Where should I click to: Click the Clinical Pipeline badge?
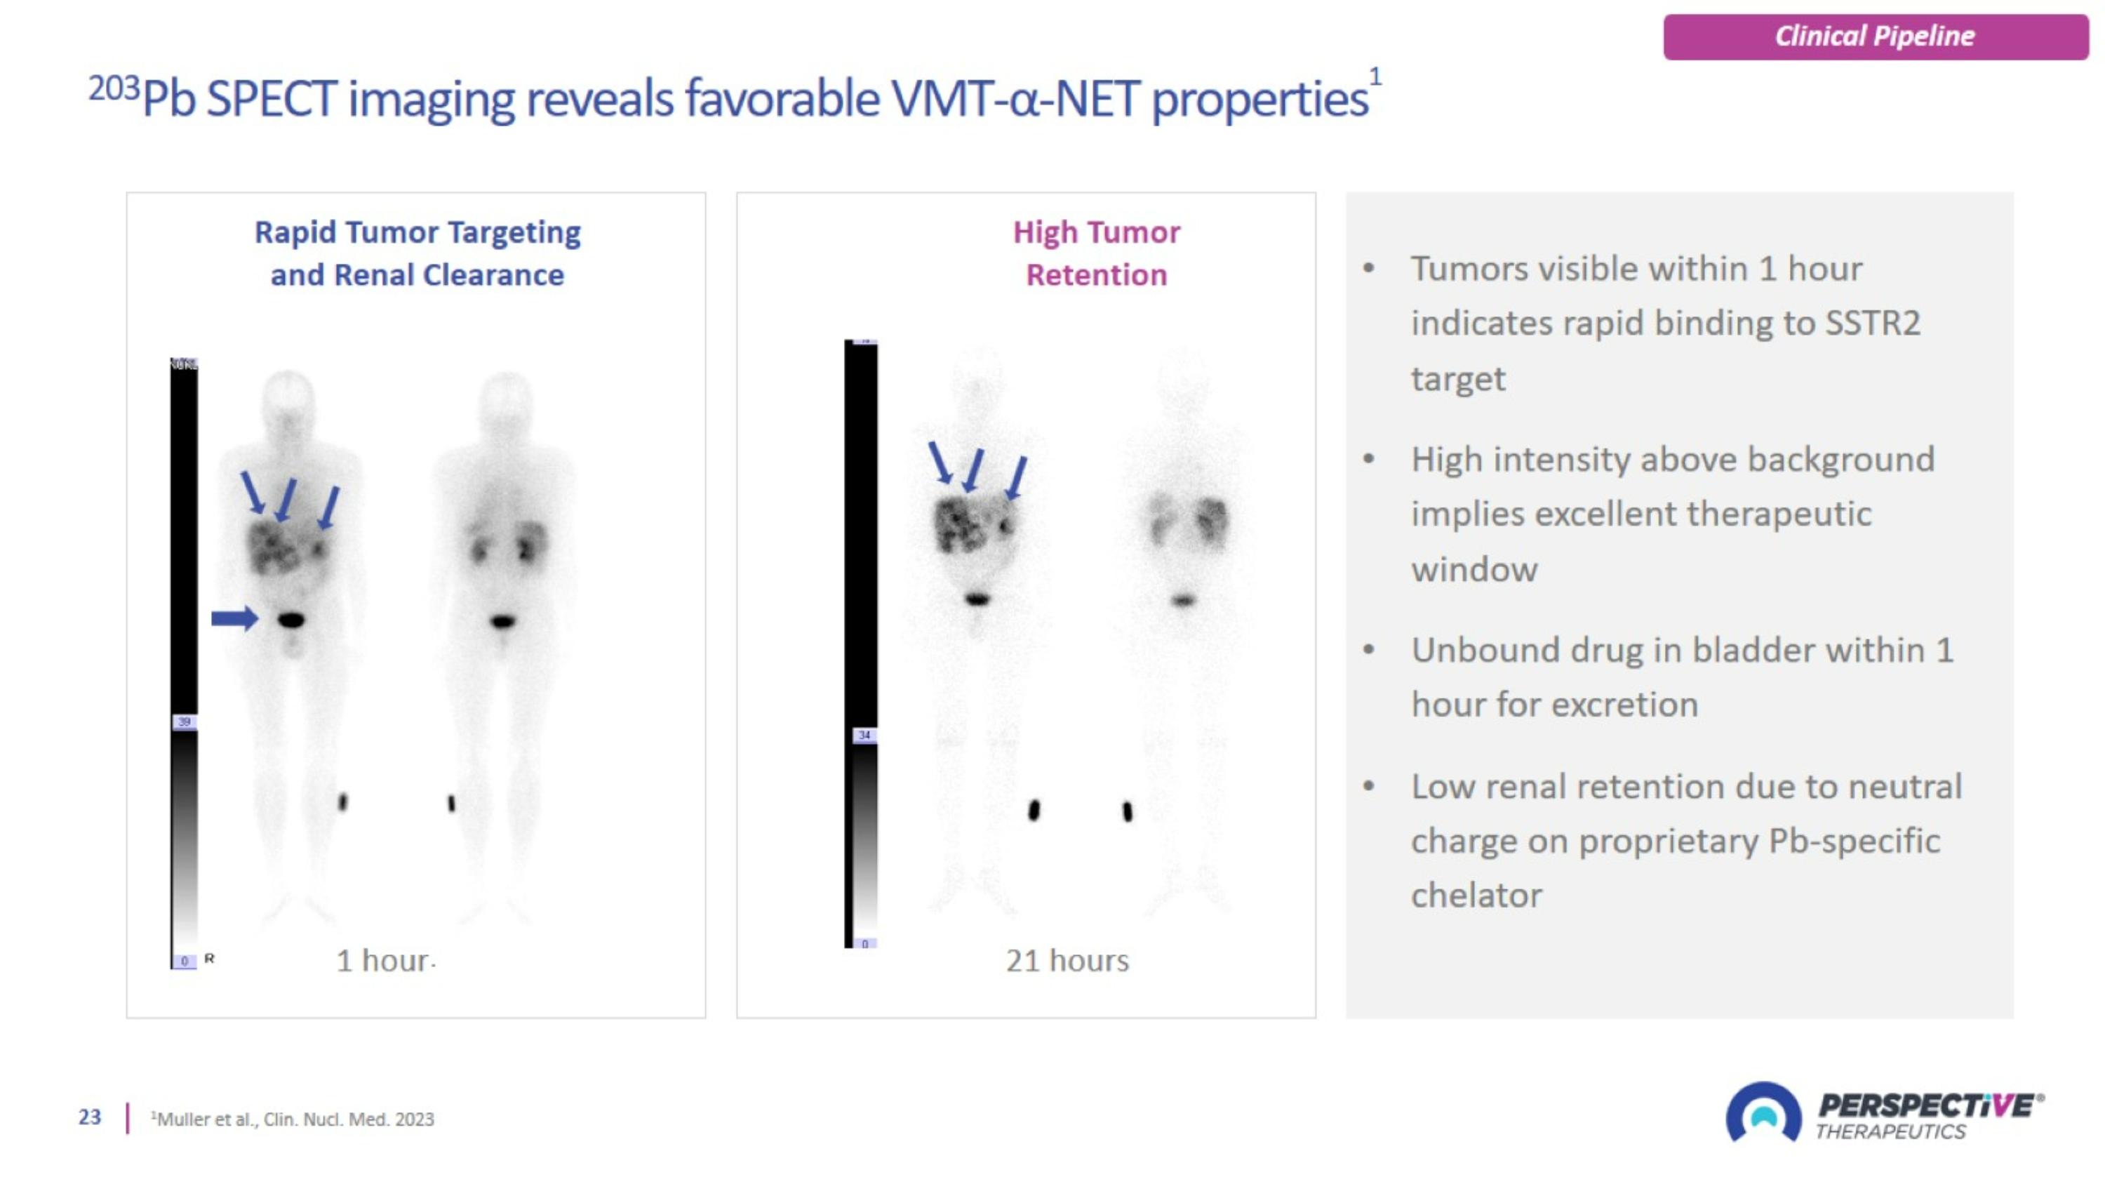(1875, 36)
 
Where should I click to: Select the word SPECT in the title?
(272, 100)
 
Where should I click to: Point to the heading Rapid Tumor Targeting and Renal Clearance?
(417, 253)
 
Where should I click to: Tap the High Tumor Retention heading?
(1096, 253)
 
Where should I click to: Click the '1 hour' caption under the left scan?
(382, 960)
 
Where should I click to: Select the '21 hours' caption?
(1067, 960)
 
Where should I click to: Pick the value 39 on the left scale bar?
(185, 721)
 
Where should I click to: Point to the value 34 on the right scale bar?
(864, 736)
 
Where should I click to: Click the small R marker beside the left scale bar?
(209, 959)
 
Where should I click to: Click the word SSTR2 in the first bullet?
(1872, 324)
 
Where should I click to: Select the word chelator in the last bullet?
(1476, 896)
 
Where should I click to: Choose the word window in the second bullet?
(1474, 569)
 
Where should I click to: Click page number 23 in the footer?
(90, 1117)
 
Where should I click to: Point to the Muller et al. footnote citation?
(295, 1119)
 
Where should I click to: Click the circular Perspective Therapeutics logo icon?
(1763, 1113)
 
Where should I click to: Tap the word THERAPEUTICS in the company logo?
(1890, 1131)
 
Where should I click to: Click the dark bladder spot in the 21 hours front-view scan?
(977, 599)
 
